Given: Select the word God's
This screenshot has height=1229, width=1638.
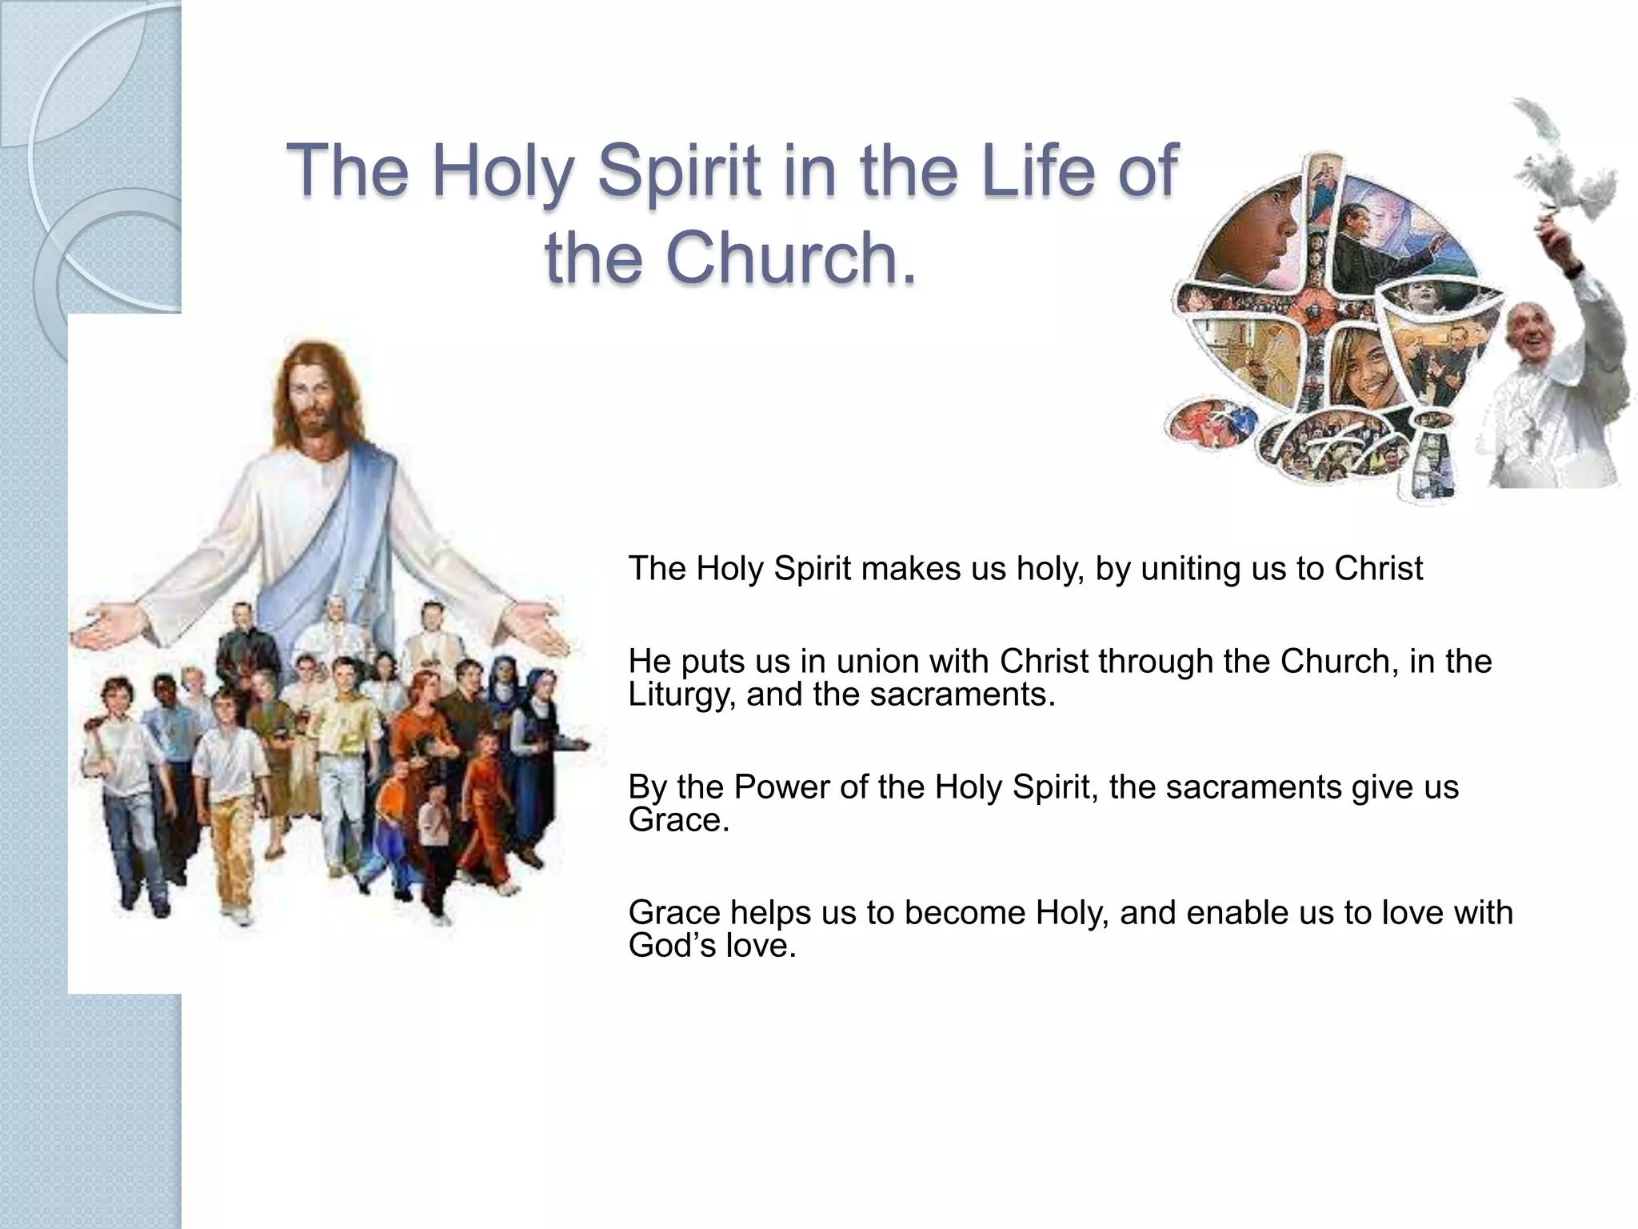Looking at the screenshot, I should coord(672,946).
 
